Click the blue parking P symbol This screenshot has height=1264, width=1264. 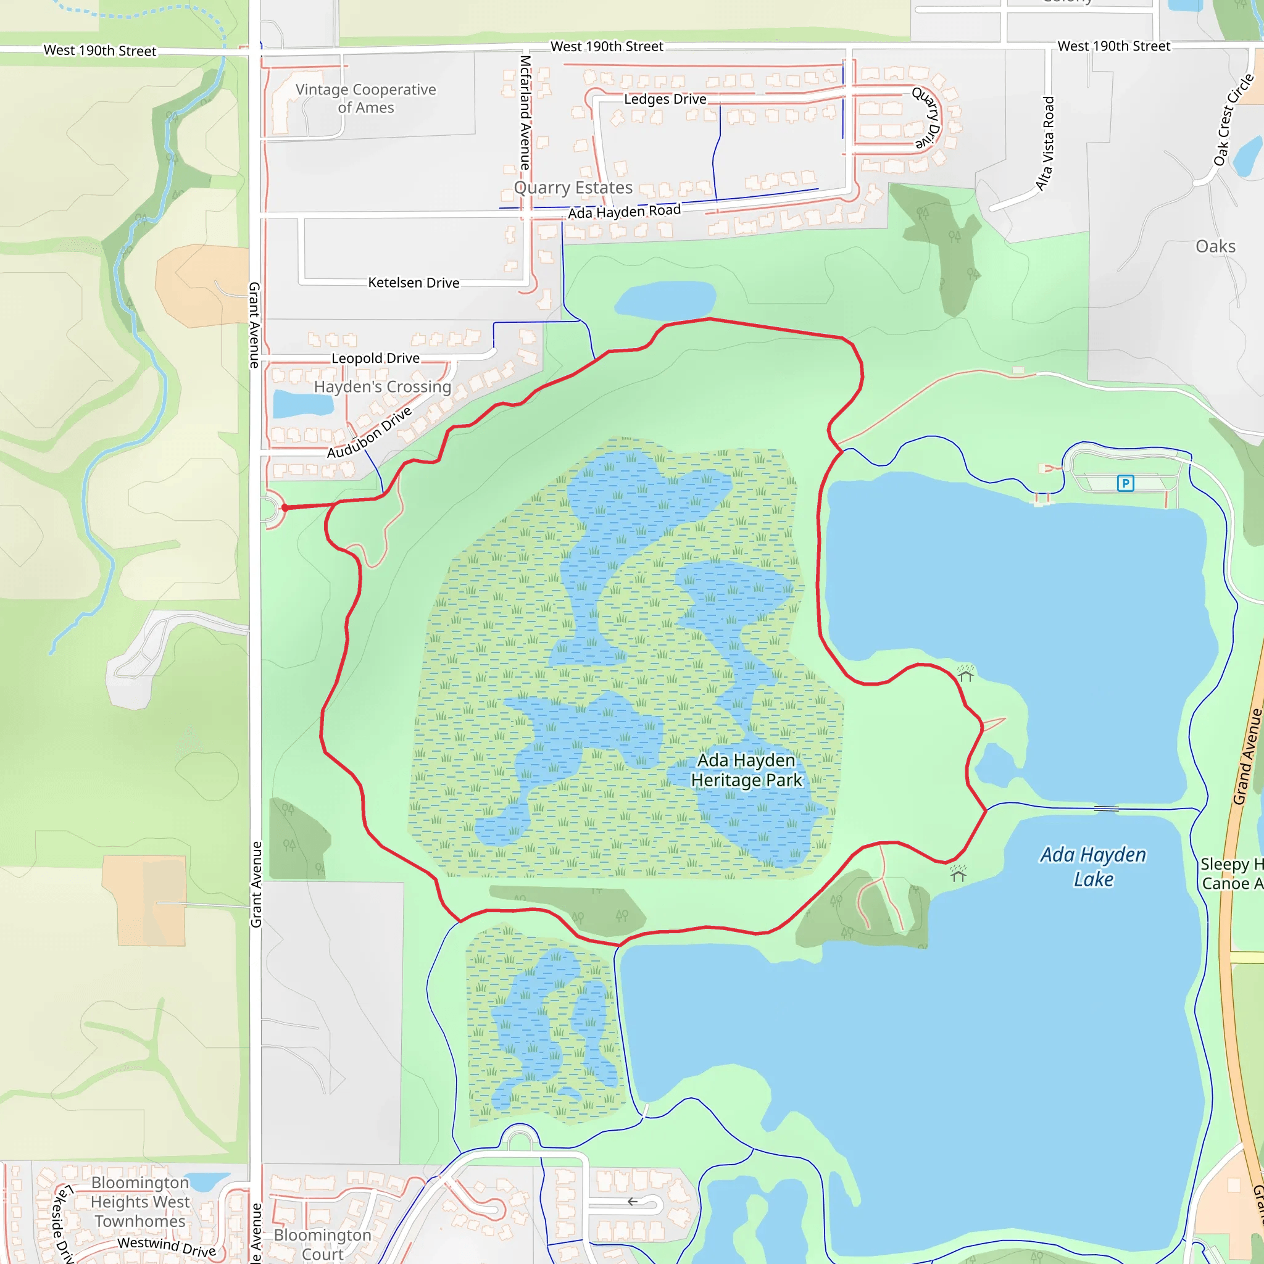point(1125,483)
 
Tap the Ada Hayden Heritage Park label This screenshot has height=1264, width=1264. point(747,770)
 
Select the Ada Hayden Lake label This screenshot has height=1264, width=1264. point(1093,867)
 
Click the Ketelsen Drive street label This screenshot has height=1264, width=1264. point(414,283)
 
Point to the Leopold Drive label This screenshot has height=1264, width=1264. point(375,358)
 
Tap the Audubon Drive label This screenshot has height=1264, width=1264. point(370,433)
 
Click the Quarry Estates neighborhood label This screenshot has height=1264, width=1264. point(573,188)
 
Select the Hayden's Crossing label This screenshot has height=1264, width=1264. point(383,386)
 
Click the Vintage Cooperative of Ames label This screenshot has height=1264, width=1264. point(366,98)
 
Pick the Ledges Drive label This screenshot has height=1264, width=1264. point(665,99)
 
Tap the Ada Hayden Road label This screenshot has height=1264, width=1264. point(624,211)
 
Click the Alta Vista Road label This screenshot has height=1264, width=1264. point(1046,144)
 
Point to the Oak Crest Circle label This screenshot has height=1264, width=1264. point(1233,120)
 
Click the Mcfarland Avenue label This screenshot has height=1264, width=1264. point(525,112)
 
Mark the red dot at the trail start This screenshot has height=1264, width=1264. point(285,508)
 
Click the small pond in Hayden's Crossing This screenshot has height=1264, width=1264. point(302,403)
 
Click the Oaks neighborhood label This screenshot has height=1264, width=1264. point(1216,247)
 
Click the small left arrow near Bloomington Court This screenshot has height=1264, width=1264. point(632,1201)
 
